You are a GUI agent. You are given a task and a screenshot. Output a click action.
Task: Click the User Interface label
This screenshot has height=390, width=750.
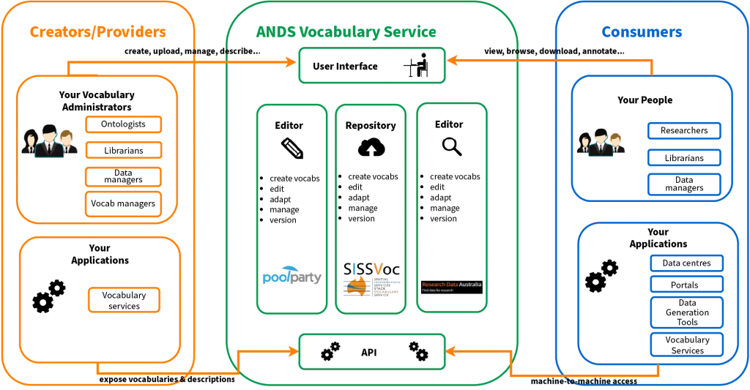click(345, 67)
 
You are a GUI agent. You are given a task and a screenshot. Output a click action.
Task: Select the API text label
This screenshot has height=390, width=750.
click(369, 353)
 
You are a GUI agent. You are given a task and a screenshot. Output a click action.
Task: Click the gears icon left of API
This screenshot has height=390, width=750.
click(330, 351)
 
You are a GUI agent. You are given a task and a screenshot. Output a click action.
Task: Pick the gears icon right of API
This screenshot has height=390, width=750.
click(418, 351)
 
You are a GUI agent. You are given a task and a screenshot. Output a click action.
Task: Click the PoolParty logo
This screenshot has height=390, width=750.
click(292, 276)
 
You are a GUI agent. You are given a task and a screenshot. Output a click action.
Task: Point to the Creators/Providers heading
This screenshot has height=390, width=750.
click(98, 32)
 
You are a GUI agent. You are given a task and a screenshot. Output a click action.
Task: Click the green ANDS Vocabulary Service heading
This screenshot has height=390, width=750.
click(347, 32)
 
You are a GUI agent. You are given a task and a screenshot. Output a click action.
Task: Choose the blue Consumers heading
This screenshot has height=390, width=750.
click(642, 32)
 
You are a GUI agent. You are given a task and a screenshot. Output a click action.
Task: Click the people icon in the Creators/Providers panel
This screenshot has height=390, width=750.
click(50, 142)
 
